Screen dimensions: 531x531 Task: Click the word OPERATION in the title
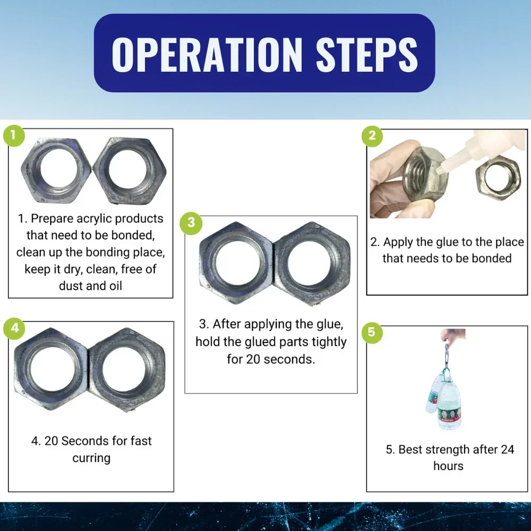click(x=207, y=54)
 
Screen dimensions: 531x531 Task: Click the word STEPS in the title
click(x=367, y=54)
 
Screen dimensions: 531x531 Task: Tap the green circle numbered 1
click(x=14, y=135)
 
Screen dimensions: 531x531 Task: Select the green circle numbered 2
click(x=372, y=136)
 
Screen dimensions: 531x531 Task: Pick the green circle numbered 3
click(x=191, y=223)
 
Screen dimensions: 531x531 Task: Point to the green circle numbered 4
click(x=14, y=328)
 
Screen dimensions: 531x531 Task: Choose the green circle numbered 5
click(x=372, y=332)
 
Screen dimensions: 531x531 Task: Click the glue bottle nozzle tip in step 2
click(x=439, y=170)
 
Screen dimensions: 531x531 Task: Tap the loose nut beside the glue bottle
click(x=498, y=178)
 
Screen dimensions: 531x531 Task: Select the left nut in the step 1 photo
click(x=56, y=170)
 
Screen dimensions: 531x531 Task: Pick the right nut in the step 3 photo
click(x=312, y=263)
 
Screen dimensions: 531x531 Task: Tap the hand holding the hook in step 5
click(x=452, y=336)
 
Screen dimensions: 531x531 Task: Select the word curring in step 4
click(x=91, y=458)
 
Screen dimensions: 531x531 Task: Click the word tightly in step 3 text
click(x=329, y=342)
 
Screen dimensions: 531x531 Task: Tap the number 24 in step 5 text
click(x=507, y=449)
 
